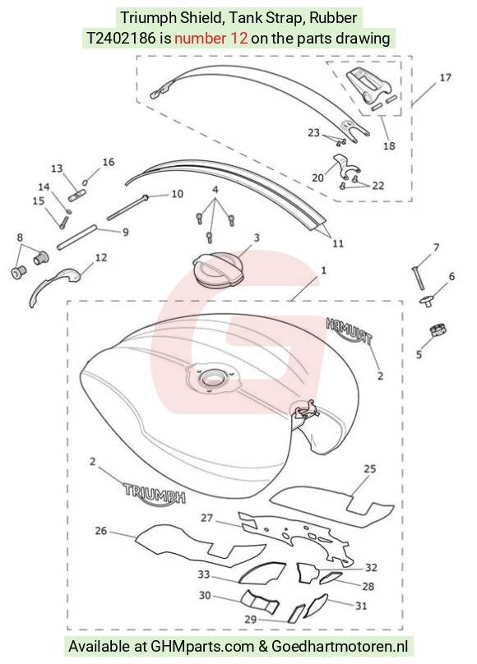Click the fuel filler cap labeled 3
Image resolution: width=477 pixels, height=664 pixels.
click(x=218, y=270)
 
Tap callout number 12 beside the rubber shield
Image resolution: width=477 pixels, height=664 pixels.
click(x=101, y=257)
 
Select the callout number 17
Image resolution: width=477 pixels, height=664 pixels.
click(x=445, y=77)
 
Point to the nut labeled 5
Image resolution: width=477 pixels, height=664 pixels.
click(x=438, y=330)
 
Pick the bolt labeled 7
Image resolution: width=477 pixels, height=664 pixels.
click(x=418, y=278)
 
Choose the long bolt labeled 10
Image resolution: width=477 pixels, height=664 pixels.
click(x=126, y=208)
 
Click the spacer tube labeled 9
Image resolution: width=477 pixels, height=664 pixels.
click(x=77, y=238)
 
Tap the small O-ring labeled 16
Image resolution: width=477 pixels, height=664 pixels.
click(x=86, y=182)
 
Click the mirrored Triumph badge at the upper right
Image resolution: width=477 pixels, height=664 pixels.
click(x=350, y=330)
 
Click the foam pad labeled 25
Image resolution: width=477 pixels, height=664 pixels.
click(x=333, y=506)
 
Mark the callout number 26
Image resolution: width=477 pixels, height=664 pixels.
click(x=101, y=531)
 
